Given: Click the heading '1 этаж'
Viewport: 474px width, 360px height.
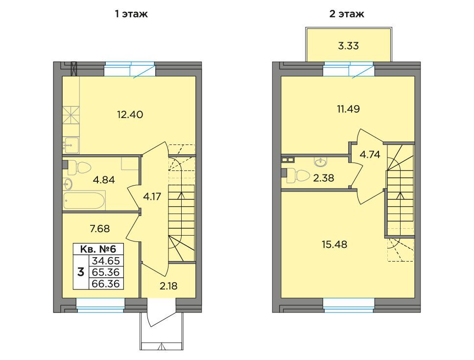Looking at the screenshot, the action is point(131,14).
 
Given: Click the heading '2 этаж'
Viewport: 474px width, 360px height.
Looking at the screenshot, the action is point(347,14).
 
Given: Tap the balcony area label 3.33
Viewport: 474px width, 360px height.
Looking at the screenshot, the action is point(348,46).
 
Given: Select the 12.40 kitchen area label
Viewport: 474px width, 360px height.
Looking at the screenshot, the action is point(130,115).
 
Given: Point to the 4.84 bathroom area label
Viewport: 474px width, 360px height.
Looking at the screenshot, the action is point(104,180).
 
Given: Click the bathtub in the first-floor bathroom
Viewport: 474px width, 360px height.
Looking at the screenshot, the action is point(84,200).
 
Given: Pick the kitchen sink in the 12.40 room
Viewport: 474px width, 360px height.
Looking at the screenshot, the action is point(71,145).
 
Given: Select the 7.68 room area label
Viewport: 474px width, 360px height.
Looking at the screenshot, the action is point(100,229).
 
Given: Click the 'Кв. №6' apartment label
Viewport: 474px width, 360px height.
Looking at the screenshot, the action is point(98,249).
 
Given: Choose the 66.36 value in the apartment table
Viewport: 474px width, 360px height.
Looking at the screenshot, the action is point(106,284).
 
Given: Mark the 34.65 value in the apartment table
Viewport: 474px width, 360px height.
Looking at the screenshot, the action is point(106,261).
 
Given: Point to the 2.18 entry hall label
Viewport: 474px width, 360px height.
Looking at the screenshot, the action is point(168,286).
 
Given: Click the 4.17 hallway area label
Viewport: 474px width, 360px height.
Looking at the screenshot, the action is point(152,197).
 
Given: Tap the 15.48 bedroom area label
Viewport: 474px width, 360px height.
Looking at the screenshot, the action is point(334,244).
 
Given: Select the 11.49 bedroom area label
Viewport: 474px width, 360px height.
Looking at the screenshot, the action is point(348,109).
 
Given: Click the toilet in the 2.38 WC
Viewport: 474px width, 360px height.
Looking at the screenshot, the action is point(298,176).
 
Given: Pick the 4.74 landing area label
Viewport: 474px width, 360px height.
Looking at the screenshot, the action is point(370,154).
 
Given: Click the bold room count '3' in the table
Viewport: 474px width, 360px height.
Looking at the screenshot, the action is point(81,272).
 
